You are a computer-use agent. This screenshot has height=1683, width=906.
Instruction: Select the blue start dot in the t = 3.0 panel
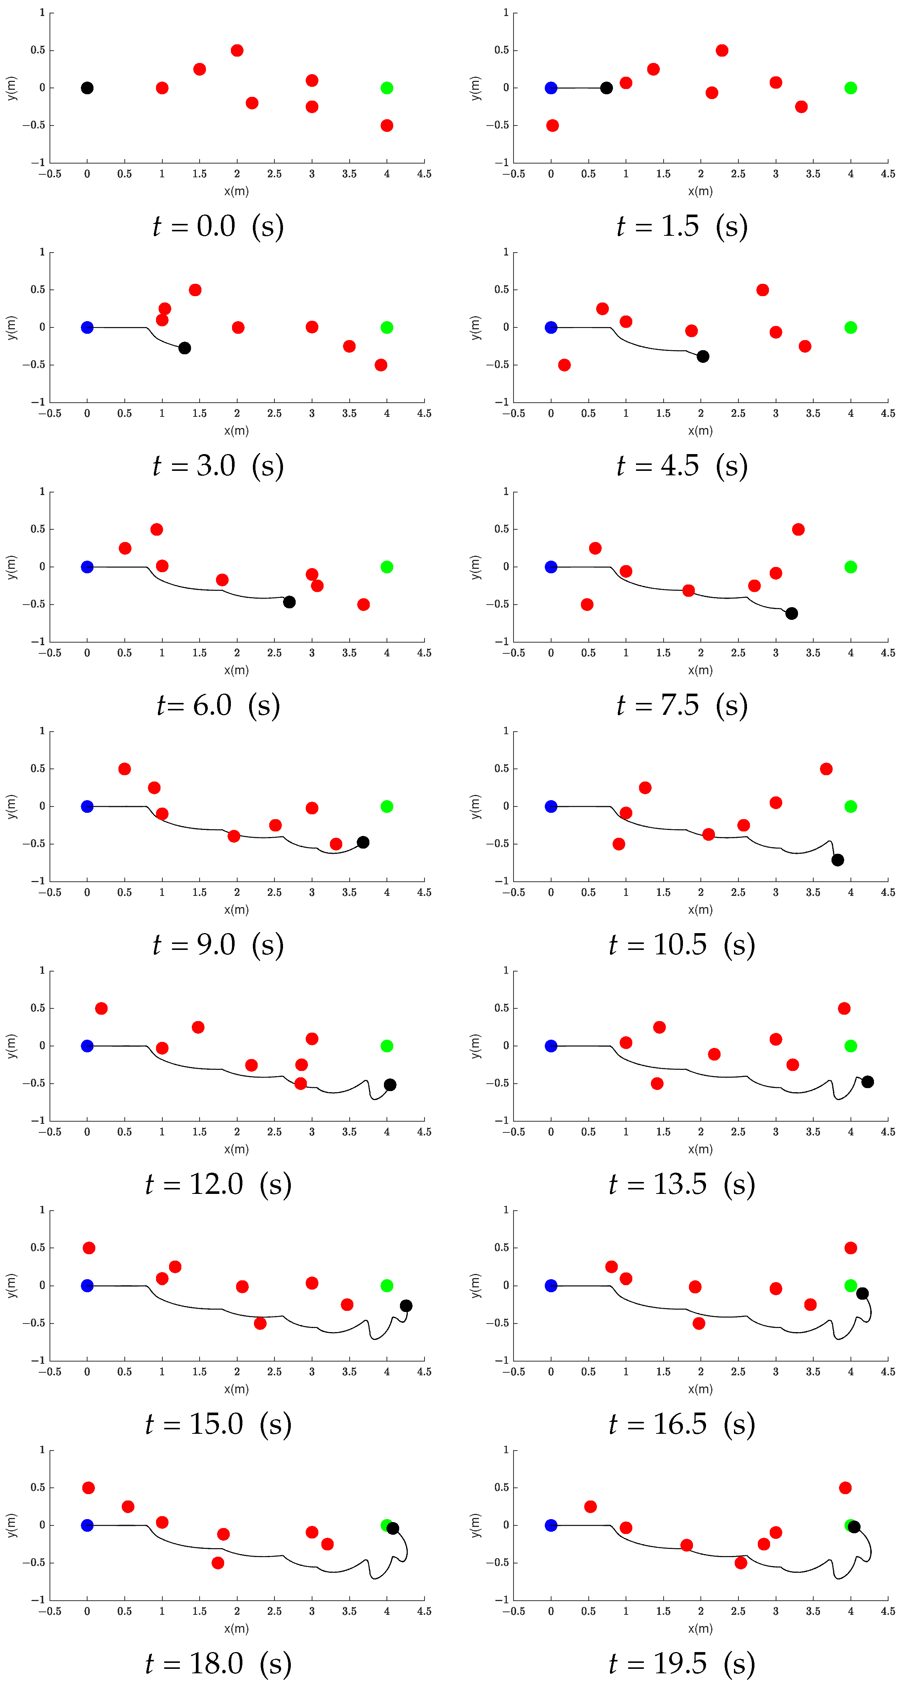coord(87,327)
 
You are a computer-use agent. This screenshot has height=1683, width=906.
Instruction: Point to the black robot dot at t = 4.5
coord(703,356)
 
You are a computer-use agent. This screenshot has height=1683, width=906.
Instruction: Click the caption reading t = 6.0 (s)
coord(218,706)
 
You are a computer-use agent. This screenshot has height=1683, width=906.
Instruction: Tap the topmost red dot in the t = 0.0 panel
coord(237,50)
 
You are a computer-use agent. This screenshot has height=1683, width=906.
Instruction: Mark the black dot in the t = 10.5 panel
coord(837,860)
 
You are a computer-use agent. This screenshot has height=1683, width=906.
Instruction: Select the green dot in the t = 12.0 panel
coord(387,1046)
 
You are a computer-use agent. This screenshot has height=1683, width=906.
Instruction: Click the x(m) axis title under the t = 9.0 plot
coord(236,909)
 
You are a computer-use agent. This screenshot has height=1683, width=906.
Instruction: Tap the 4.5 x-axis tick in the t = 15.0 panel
coord(424,1371)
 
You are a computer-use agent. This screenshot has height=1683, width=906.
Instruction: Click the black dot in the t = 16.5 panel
coord(862,1294)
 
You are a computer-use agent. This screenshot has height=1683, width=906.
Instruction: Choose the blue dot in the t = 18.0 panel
coord(87,1525)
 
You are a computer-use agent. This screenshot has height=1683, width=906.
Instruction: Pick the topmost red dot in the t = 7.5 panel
coord(798,529)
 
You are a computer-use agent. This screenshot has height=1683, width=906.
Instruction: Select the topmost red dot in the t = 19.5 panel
coord(845,1488)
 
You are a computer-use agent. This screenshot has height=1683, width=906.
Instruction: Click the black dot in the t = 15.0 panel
coord(406,1305)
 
